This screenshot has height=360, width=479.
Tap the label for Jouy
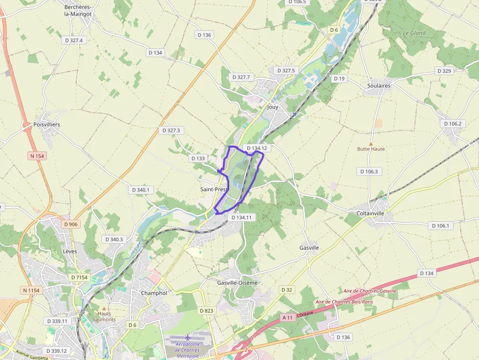[x=272, y=107]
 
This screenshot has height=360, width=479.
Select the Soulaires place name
[x=379, y=85]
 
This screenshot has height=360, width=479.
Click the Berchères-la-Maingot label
[x=78, y=10]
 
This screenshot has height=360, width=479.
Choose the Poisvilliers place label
[x=47, y=125]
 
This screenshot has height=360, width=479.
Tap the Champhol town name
[x=154, y=293]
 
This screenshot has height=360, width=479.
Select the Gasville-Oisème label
[x=237, y=282]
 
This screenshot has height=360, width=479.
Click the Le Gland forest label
[x=414, y=33]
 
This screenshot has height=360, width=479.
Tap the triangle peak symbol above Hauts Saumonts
[x=104, y=308]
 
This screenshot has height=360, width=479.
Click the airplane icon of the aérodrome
[x=188, y=338]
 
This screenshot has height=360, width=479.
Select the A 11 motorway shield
[x=287, y=318]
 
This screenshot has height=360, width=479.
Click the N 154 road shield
[x=36, y=156]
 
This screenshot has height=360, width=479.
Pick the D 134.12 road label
[x=257, y=148]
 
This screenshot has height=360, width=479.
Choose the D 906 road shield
[x=70, y=224]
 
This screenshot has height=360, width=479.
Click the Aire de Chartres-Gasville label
[x=370, y=291]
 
